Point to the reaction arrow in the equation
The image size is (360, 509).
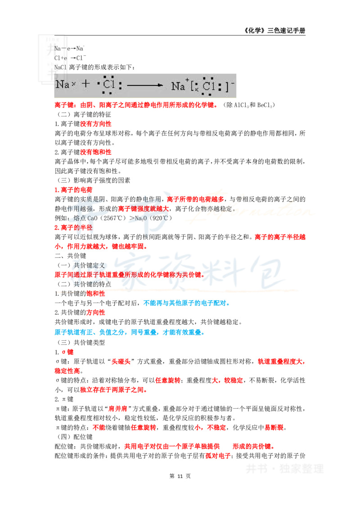144,85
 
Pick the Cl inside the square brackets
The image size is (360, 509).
208,86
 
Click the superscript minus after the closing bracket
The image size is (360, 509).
233,83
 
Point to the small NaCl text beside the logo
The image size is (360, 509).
61,67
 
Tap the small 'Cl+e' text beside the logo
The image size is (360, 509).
60,58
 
